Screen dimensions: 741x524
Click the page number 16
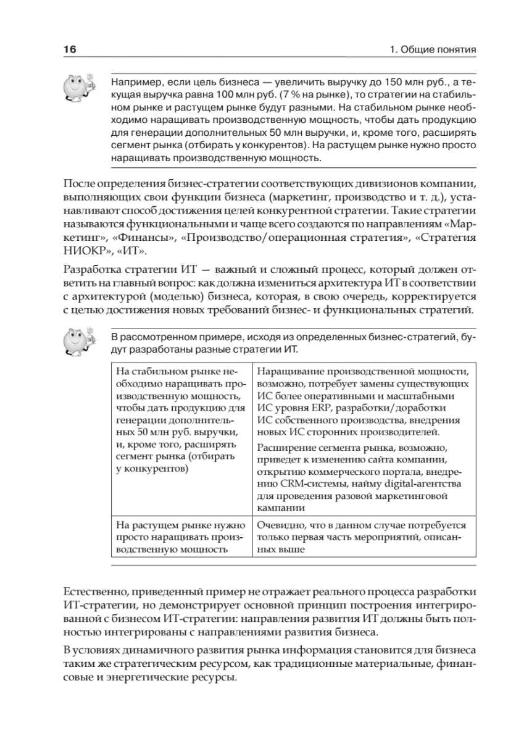click(x=69, y=49)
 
